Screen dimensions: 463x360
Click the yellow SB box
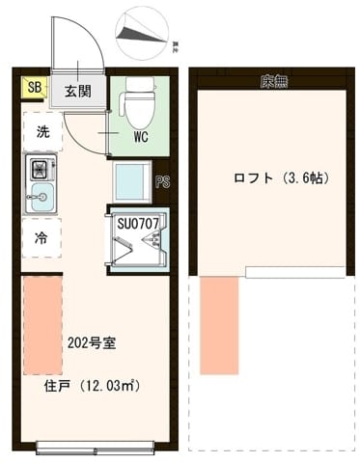click(x=34, y=89)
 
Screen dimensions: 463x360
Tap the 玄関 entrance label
click(x=78, y=92)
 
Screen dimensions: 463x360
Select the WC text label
click(x=140, y=136)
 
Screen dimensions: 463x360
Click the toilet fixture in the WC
click(x=139, y=97)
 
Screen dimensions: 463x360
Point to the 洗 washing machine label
click(x=42, y=131)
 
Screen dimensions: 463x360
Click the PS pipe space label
click(x=164, y=179)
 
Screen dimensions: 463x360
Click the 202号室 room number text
click(x=91, y=342)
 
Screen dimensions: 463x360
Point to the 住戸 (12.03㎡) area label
click(x=93, y=387)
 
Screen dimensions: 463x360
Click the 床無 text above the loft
click(x=273, y=81)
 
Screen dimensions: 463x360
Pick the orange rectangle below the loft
click(x=219, y=325)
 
